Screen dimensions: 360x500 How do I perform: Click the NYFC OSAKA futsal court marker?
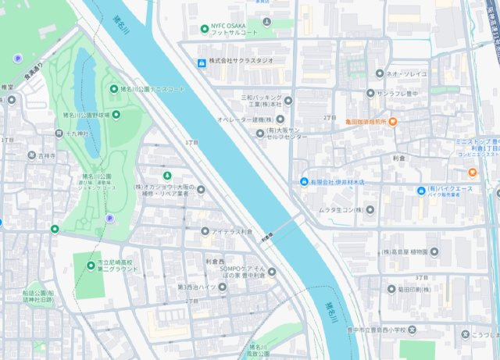pyautogui.click(x=205, y=27)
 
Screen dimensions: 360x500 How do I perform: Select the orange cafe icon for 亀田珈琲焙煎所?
pyautogui.click(x=393, y=122)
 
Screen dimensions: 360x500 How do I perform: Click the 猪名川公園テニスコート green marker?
pyautogui.click(x=113, y=89)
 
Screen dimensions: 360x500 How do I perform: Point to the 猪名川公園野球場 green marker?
pyautogui.click(x=116, y=116)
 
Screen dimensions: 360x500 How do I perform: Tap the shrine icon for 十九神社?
pyautogui.click(x=59, y=134)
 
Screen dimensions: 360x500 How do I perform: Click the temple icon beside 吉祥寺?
pyautogui.click(x=31, y=156)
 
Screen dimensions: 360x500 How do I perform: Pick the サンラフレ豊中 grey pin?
pyautogui.click(x=370, y=94)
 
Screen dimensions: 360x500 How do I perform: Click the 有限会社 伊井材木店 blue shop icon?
pyautogui.click(x=304, y=183)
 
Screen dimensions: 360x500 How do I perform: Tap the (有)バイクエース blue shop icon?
pyautogui.click(x=420, y=190)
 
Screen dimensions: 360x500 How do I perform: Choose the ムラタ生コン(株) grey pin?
pyautogui.click(x=370, y=210)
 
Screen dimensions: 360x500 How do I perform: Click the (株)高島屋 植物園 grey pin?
pyautogui.click(x=434, y=252)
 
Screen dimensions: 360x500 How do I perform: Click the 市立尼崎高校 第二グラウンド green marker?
pyautogui.click(x=92, y=265)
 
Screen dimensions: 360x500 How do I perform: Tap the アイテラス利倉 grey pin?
pyautogui.click(x=205, y=231)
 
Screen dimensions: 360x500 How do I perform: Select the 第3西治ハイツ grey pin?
pyautogui.click(x=222, y=286)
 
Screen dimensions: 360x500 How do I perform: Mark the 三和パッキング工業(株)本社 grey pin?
pyautogui.click(x=287, y=100)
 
